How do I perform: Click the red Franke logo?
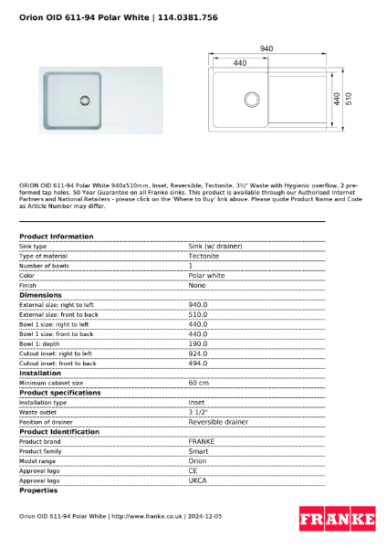coord(337,519)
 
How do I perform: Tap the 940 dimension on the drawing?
coord(267,48)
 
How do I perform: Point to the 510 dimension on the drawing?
coord(348,98)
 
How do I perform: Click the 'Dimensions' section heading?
coord(41,295)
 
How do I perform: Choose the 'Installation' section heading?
coord(40,373)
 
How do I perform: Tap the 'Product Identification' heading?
coord(59,431)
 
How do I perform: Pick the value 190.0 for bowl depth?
coord(198,343)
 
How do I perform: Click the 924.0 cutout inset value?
coord(198,353)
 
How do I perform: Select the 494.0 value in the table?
coord(198,364)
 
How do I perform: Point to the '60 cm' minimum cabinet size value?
coord(199,383)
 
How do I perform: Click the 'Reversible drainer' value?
coord(218,422)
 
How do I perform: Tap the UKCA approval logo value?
coord(198,479)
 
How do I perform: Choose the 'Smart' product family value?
coord(198,451)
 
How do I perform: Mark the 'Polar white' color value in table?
coord(206,275)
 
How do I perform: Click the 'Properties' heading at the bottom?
coord(38,490)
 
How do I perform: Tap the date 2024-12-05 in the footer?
coord(204,516)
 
